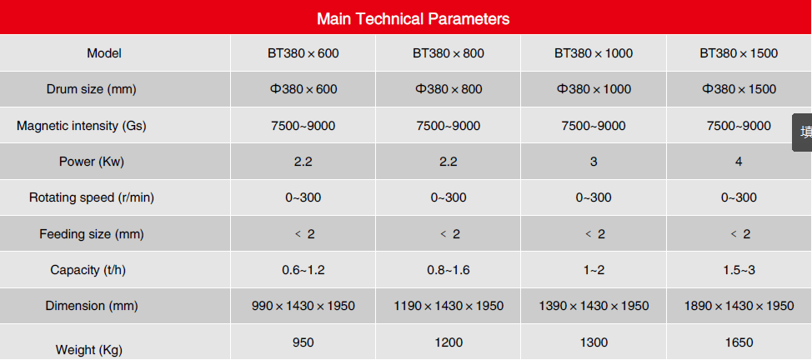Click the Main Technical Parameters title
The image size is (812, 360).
[x=414, y=18]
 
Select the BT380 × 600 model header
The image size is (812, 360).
[x=303, y=53]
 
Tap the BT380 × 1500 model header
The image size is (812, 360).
[x=739, y=53]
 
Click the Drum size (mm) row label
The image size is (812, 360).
[x=91, y=89]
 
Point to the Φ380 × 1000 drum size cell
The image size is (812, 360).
[x=594, y=89]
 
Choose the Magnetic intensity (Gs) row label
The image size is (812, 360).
[x=82, y=126]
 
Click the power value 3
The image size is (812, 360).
[x=594, y=162]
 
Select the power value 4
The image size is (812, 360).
[x=739, y=162]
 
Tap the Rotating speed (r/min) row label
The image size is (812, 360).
[x=91, y=197]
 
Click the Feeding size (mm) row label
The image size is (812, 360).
[x=91, y=234]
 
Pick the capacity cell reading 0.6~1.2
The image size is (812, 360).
[x=303, y=270]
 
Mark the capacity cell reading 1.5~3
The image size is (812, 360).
[x=739, y=270]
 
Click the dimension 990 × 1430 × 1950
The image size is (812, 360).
[x=303, y=306]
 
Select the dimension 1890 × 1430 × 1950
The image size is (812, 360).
[x=739, y=306]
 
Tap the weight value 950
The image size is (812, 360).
[x=303, y=342]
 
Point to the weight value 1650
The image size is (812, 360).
[x=739, y=342]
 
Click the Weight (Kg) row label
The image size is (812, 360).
[x=89, y=350]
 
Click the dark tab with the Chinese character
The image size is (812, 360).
[x=802, y=132]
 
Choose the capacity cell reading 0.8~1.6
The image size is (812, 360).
[x=448, y=270]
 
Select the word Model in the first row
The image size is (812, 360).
[x=104, y=53]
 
